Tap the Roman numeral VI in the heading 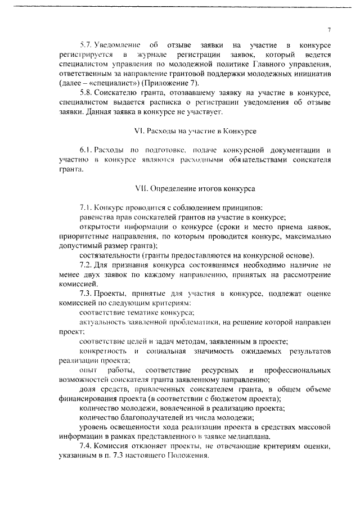tap(139, 131)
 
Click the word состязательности tap(110, 255)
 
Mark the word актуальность tap(102, 322)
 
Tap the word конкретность tap(102, 351)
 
